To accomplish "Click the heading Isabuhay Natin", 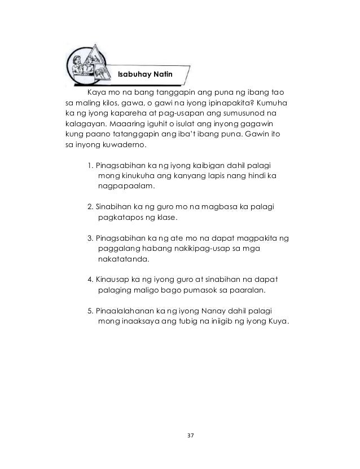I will point(148,74).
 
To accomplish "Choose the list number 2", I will point(90,209).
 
